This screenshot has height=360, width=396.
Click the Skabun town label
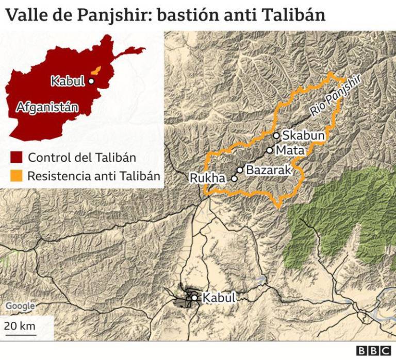(x=303, y=135)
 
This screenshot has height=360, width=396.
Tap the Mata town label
(x=291, y=150)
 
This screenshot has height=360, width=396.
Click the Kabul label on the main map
(x=219, y=298)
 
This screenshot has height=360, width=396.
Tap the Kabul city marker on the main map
(x=194, y=298)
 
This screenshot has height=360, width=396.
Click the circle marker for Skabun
(x=276, y=135)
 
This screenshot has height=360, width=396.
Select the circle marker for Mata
(x=269, y=150)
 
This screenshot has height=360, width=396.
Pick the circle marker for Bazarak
(x=240, y=169)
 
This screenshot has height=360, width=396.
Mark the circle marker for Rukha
(x=234, y=179)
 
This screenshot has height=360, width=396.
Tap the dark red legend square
(x=16, y=158)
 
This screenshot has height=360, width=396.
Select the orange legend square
(x=16, y=176)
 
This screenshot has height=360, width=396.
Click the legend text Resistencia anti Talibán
(x=93, y=176)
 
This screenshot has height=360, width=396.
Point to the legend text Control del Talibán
(x=82, y=158)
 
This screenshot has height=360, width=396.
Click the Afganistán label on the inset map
(x=47, y=107)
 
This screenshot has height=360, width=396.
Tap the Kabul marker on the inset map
(x=91, y=81)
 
